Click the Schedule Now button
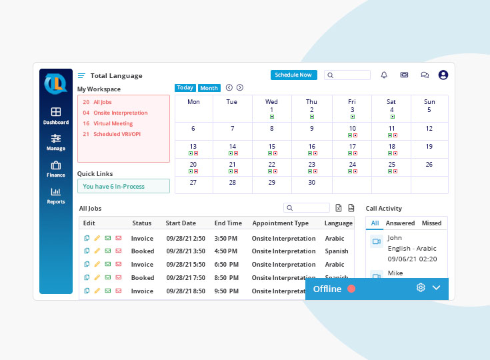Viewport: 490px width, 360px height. (293, 75)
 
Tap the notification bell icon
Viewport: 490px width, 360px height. (384, 75)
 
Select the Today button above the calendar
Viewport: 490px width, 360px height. (185, 88)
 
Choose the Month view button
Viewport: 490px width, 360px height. (209, 88)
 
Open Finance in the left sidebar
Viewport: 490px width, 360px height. (56, 169)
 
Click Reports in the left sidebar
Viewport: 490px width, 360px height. (56, 195)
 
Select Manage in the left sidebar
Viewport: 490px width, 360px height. (56, 142)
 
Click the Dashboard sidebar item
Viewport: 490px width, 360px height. (56, 116)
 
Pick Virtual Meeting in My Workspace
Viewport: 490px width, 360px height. (113, 123)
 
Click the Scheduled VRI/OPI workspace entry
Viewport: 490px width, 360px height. (117, 134)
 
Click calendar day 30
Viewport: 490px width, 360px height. (311, 182)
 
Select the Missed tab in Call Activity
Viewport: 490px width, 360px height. (431, 223)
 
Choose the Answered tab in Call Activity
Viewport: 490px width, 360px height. (400, 223)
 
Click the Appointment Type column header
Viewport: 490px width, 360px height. (280, 223)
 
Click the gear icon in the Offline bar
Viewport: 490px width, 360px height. (421, 288)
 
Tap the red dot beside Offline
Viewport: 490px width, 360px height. (351, 289)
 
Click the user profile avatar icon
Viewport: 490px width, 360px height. (443, 75)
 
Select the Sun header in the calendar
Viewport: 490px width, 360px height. (429, 102)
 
